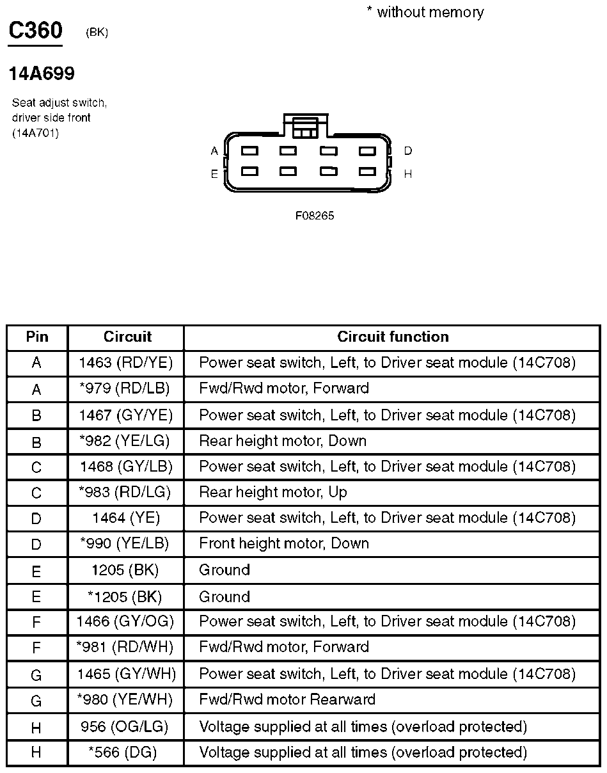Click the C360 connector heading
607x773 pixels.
[x=35, y=31]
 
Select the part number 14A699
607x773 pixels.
[x=42, y=74]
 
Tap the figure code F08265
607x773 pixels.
[x=315, y=216]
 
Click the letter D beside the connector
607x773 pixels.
[x=408, y=151]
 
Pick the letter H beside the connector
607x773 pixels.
[x=408, y=173]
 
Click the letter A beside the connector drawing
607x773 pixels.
[x=214, y=151]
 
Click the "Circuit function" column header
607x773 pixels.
[x=393, y=337]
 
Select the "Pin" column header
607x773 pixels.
[x=37, y=337]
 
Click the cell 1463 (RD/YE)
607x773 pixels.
[x=126, y=363]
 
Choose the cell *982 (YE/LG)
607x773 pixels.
[x=126, y=441]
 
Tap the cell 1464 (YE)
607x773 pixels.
[x=126, y=518]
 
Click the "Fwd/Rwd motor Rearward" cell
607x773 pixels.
[x=287, y=699]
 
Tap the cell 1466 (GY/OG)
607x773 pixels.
[x=125, y=621]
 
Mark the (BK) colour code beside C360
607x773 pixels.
[x=97, y=33]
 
